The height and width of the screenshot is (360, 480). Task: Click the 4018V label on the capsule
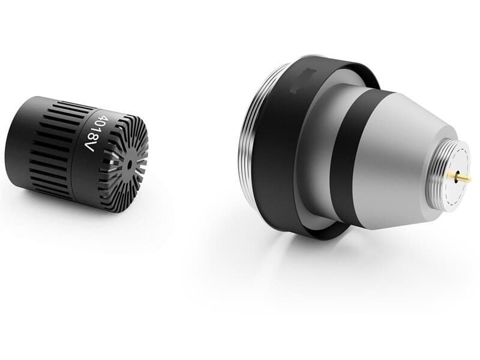pos(93,134)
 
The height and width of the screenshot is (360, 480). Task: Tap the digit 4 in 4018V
pos(103,119)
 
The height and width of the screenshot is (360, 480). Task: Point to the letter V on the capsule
pos(89,147)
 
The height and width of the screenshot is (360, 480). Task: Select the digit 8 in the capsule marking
pos(91,140)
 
